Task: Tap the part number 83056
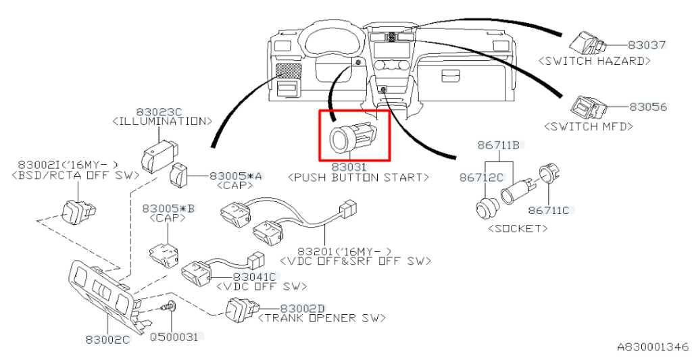(648, 107)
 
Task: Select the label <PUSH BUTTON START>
(358, 177)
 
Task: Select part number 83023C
(159, 111)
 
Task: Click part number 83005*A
(236, 175)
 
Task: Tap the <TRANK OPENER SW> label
(322, 317)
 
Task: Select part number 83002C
(107, 339)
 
